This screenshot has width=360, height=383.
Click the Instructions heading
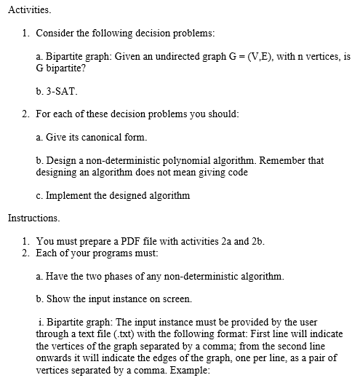pos(33,218)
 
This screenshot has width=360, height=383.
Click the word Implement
pos(71,195)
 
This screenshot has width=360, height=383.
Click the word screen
pos(181,299)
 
